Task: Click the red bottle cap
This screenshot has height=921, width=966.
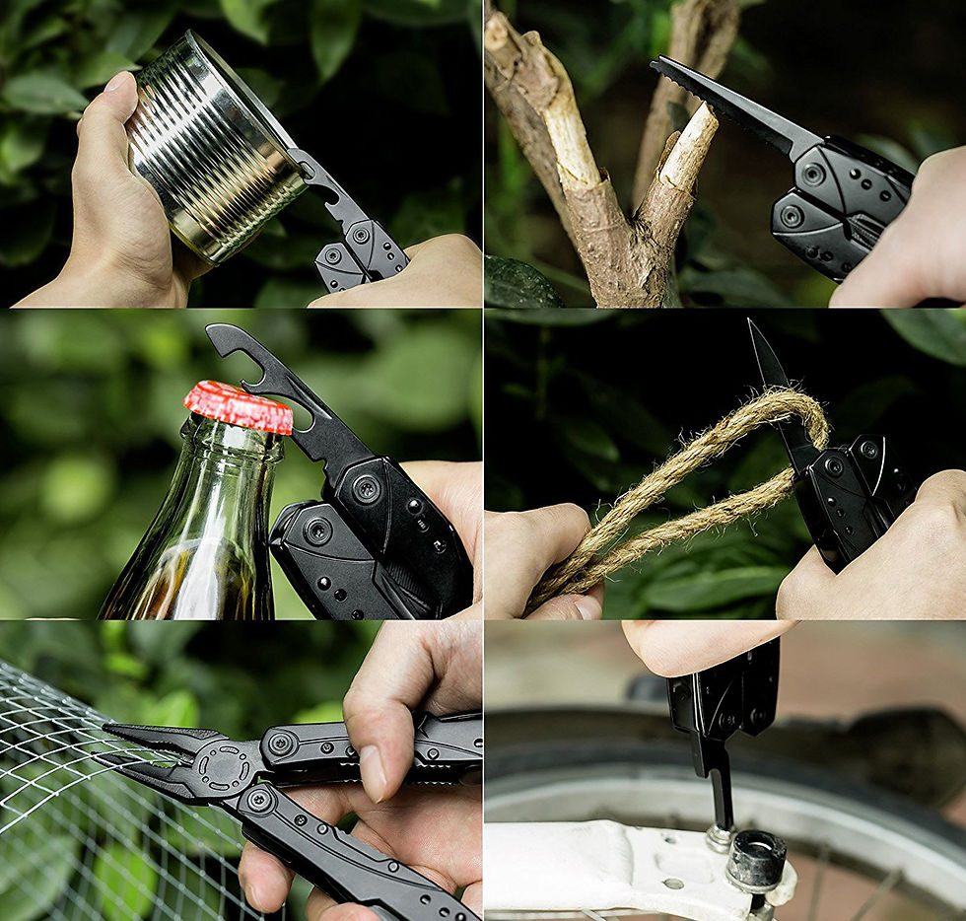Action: (x=238, y=406)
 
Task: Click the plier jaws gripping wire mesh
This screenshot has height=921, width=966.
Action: (x=158, y=754)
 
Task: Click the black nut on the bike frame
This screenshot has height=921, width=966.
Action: (x=756, y=860)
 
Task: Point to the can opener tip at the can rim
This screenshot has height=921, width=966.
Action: (x=301, y=163)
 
